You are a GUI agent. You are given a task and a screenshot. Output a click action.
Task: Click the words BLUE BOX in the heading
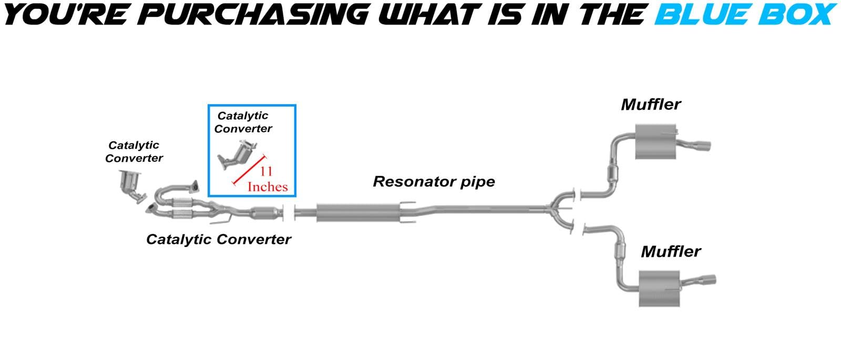point(744,14)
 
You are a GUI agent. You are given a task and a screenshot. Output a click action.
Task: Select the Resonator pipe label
point(434,182)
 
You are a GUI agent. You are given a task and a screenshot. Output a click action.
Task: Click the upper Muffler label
point(651,105)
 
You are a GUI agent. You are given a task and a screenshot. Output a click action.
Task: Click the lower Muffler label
point(671,252)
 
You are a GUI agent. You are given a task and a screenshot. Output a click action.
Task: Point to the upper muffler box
point(655,141)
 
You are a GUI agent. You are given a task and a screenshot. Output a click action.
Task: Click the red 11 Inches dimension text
point(267,179)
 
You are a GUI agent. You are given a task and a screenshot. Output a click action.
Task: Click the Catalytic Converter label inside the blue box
point(243,122)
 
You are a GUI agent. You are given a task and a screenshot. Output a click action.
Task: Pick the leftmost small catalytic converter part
point(132,186)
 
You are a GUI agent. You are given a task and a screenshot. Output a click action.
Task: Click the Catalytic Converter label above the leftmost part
point(134,151)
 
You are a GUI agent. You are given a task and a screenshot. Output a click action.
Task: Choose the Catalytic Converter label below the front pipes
point(218,240)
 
